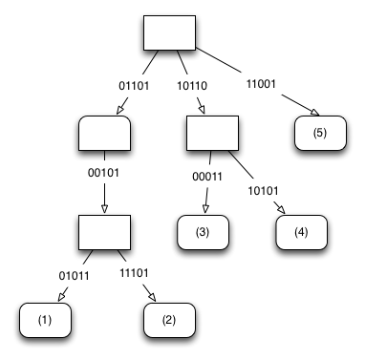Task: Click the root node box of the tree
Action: (x=169, y=33)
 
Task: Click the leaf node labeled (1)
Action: (x=45, y=321)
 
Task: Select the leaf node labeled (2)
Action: (x=169, y=321)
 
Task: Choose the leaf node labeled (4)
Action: (x=302, y=232)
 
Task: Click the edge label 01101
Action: (x=133, y=86)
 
